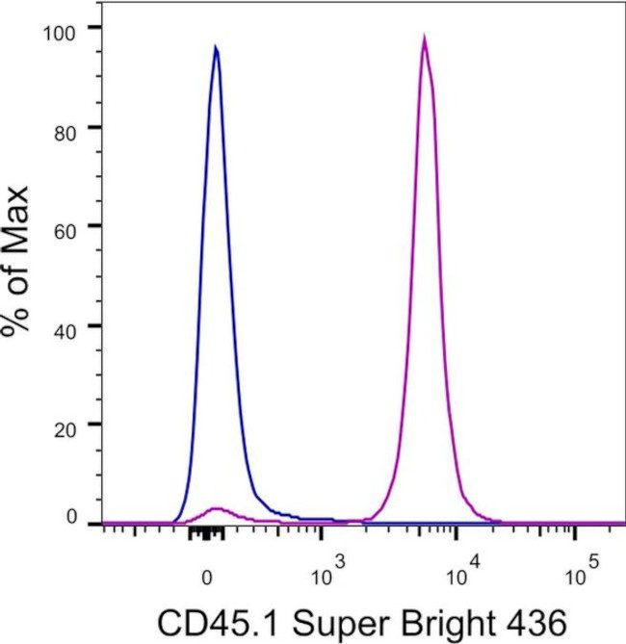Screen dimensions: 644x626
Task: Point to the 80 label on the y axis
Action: coord(65,127)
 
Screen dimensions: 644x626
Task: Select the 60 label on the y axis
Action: coord(65,226)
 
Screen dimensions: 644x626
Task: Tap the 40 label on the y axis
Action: coord(65,325)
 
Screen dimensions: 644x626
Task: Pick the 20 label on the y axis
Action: coord(65,425)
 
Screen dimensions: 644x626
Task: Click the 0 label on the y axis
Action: coord(71,517)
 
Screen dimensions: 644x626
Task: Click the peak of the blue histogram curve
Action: coord(216,46)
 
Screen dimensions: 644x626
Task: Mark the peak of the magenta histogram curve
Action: coord(424,38)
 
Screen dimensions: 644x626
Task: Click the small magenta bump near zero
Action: coord(218,507)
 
